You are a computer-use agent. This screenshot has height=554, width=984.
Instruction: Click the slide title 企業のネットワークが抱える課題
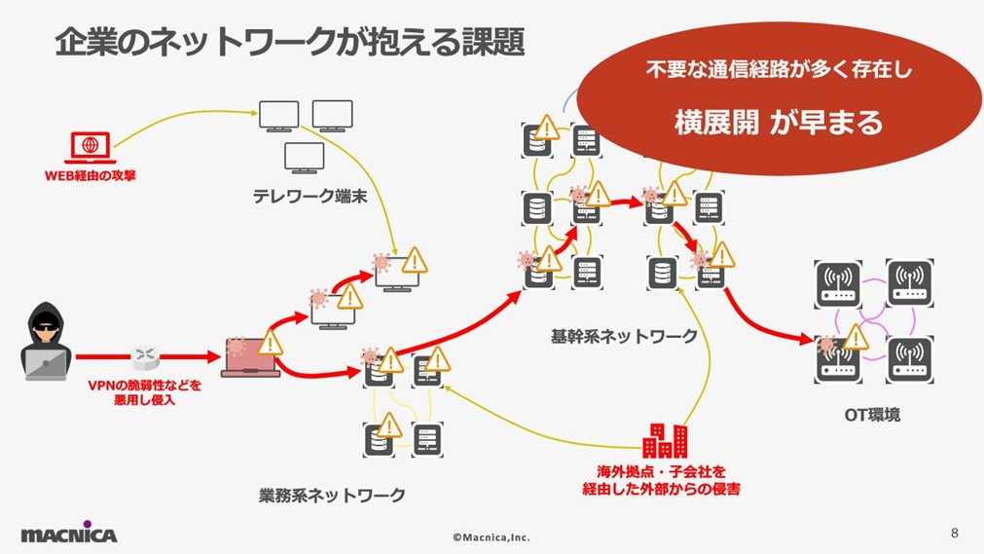pos(289,42)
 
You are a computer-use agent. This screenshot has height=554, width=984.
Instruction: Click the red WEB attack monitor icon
pos(91,147)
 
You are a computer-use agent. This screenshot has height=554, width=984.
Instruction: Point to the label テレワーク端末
pos(310,197)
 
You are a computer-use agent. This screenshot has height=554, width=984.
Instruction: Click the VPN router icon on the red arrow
pos(146,357)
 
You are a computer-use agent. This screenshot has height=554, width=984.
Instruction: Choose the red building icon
pos(666,441)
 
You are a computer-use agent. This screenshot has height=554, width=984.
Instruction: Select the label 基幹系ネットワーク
pos(624,337)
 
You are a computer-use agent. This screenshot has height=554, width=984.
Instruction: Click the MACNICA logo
pos(68,534)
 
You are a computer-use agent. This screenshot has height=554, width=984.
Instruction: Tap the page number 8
pos(954,533)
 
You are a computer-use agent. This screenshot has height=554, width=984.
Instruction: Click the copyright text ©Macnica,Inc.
pos(492,536)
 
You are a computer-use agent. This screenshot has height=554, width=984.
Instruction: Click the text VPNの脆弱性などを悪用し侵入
pos(145,391)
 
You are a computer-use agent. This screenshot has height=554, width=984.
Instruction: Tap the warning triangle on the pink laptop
pos(271,342)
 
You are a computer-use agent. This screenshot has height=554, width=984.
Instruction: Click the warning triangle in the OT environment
pos(855,337)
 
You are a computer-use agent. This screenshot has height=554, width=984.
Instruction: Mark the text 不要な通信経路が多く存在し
pos(779,71)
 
